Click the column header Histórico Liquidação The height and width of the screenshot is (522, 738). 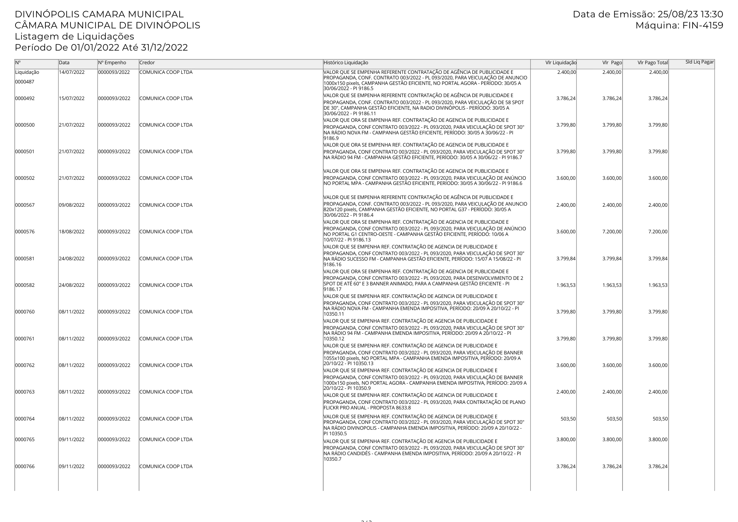coord(346,63)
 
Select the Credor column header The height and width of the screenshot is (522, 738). coord(147,63)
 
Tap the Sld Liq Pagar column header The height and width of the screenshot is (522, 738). coord(700,62)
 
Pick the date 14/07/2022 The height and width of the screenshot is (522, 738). coord(72,72)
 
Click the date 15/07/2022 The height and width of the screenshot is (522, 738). coord(72,99)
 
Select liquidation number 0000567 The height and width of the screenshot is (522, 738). coord(25,205)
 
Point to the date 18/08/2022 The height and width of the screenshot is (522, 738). coord(72,232)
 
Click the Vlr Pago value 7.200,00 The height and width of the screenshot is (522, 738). coord(612,232)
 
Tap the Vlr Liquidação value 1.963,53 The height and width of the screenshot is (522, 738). coord(566,285)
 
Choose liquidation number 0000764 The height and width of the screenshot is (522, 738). coord(25,419)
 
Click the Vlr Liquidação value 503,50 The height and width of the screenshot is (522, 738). coord(568,419)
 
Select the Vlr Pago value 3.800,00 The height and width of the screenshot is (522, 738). coord(612,440)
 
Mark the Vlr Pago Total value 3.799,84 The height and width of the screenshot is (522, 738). coord(658,259)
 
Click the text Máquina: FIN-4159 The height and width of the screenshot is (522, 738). coord(679,25)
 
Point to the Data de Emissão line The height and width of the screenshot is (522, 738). coord(648,14)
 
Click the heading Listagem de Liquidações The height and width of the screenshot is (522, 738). coord(74,37)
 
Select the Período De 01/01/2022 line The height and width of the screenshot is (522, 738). coord(101,48)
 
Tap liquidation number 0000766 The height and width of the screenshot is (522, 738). coord(25,467)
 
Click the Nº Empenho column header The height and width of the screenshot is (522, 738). coord(112,63)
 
